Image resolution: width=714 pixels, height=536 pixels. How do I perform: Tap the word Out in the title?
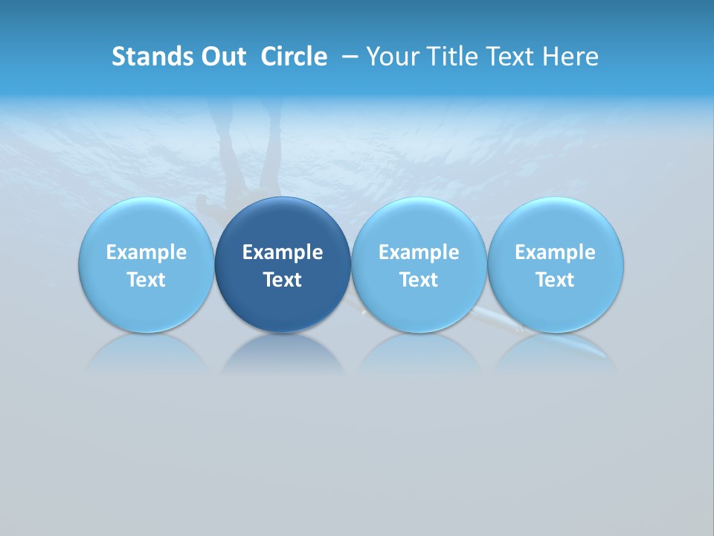[222, 57]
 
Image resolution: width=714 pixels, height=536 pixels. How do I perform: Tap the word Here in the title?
[570, 57]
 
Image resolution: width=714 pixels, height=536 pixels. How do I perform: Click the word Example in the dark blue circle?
[283, 252]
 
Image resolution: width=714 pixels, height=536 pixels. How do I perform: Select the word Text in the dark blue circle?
[283, 280]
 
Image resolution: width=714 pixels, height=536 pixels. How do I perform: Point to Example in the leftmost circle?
[147, 252]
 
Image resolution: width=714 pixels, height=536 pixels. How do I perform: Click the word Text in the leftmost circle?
[147, 280]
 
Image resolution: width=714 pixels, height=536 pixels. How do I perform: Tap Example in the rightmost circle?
[555, 252]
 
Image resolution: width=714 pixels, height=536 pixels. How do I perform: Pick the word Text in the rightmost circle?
[555, 280]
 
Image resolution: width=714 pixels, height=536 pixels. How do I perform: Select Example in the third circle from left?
[419, 252]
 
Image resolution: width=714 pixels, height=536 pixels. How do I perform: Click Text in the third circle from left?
[419, 280]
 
